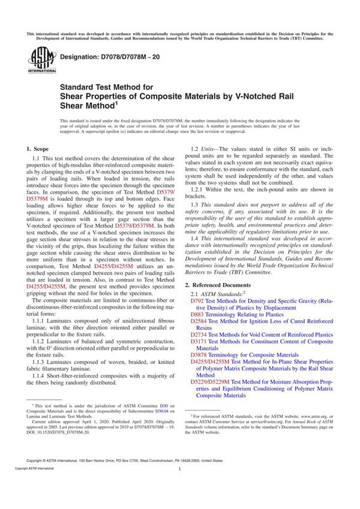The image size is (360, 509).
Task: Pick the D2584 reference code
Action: pos(199,321)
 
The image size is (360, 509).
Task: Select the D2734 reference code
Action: pos(199,335)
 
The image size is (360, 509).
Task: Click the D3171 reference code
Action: pos(199,342)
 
